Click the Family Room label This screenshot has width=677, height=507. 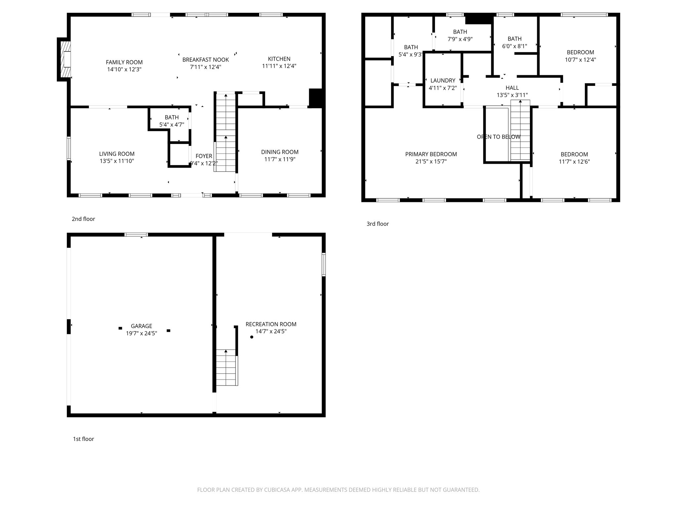124,62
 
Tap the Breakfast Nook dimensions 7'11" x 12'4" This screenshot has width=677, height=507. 205,67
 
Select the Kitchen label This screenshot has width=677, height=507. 279,59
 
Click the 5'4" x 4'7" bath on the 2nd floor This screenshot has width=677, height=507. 172,121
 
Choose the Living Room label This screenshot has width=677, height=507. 117,154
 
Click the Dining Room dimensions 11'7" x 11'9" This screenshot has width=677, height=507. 280,159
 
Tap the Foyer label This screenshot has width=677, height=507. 204,156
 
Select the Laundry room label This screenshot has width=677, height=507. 443,81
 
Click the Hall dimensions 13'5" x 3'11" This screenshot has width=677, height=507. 512,95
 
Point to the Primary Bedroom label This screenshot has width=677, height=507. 431,154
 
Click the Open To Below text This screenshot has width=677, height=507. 498,137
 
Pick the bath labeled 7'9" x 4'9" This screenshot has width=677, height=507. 460,35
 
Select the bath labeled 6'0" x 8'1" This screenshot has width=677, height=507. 514,43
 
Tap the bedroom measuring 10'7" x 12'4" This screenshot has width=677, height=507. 580,56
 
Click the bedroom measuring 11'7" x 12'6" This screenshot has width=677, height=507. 574,158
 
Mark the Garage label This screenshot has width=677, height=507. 141,326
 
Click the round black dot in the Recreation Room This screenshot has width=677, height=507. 252,337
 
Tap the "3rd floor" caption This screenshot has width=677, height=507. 377,224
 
